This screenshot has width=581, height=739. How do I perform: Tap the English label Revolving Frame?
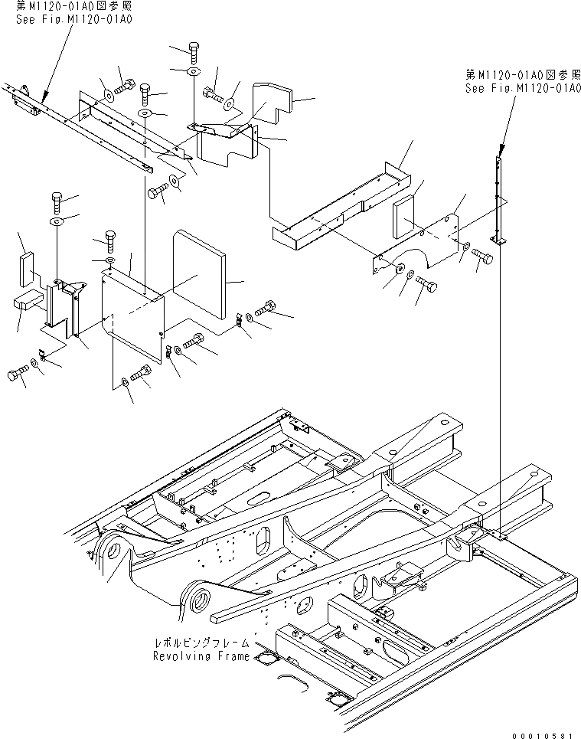pyautogui.click(x=201, y=656)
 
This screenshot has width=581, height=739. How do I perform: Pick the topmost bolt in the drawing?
pyautogui.click(x=192, y=52)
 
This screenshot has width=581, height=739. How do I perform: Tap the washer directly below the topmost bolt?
pyautogui.click(x=193, y=71)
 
